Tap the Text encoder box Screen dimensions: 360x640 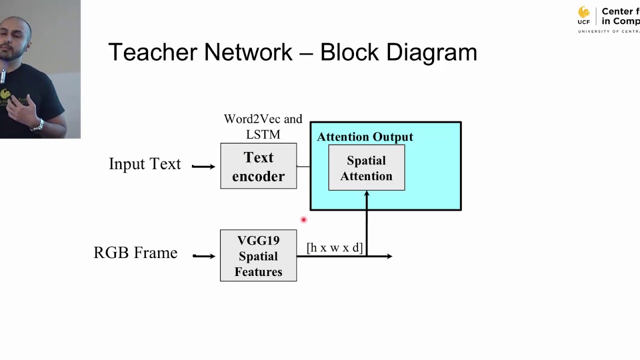[x=258, y=166]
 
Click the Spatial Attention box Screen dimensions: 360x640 [x=366, y=168]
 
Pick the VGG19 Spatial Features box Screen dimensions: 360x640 [x=258, y=255]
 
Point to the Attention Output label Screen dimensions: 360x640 [x=365, y=136]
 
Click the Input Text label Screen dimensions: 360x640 [x=145, y=164]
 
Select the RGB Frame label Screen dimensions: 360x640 [x=135, y=252]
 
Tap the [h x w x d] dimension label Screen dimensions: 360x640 [x=334, y=247]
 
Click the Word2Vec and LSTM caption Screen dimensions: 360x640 [x=263, y=126]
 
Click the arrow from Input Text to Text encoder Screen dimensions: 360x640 [x=203, y=166]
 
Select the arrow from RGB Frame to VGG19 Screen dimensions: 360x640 [x=203, y=256]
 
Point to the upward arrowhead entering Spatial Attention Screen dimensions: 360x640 [x=366, y=194]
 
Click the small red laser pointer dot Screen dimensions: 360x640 [x=303, y=219]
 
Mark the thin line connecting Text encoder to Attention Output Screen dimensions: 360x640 [x=303, y=166]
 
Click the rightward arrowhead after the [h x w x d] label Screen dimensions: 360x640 [x=388, y=256]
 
